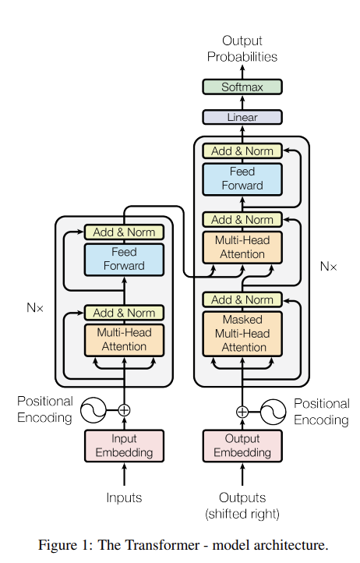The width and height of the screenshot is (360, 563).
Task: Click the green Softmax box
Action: pos(242,87)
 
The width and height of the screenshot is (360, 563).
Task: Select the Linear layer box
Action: pos(242,118)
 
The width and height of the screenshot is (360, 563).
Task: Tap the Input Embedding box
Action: pos(124,445)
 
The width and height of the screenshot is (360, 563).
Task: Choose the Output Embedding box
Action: pos(242,445)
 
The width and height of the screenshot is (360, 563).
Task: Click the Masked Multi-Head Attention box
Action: pos(242,334)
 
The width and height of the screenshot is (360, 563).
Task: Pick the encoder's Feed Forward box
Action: pos(124,260)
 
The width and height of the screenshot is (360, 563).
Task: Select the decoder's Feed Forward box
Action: pos(242,179)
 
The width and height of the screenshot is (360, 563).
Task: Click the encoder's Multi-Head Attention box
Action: pos(124,340)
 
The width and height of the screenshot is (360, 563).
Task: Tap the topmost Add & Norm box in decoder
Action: pos(242,151)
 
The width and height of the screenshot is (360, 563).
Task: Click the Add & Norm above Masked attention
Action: pos(242,299)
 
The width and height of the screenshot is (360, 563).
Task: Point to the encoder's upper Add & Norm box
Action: pos(124,232)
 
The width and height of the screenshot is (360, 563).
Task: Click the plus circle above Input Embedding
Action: pos(124,410)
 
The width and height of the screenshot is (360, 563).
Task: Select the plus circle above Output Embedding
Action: pos(242,412)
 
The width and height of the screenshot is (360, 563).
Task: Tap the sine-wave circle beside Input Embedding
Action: pos(94,410)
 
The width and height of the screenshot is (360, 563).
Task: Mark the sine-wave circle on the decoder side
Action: pos(274,412)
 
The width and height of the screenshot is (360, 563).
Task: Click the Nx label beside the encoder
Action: pos(35,308)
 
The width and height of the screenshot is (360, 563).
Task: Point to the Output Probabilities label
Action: pos(242,49)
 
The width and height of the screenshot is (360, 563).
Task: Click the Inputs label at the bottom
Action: pos(124,497)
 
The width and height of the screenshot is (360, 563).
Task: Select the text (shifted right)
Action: pos(242,514)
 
